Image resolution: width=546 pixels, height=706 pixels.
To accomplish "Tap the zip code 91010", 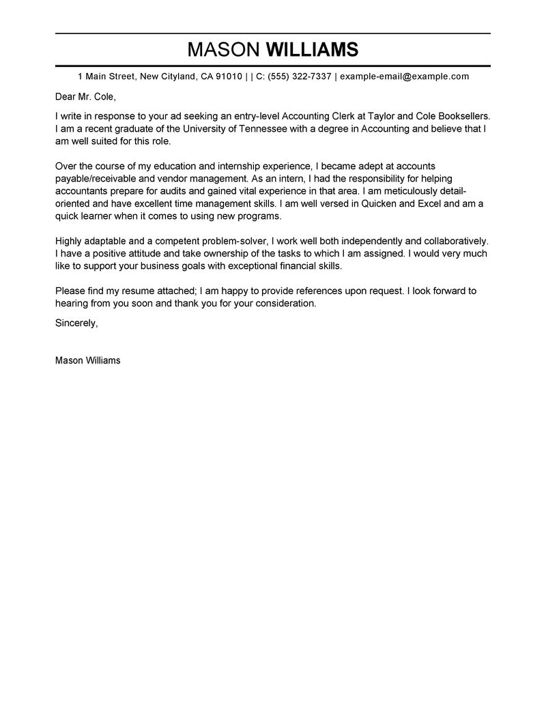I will (x=229, y=76).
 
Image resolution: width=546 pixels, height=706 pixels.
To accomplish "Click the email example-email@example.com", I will (x=404, y=76).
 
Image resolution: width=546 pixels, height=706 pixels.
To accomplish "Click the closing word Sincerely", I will (x=76, y=323).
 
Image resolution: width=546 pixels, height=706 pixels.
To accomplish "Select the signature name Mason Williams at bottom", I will (x=87, y=360).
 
